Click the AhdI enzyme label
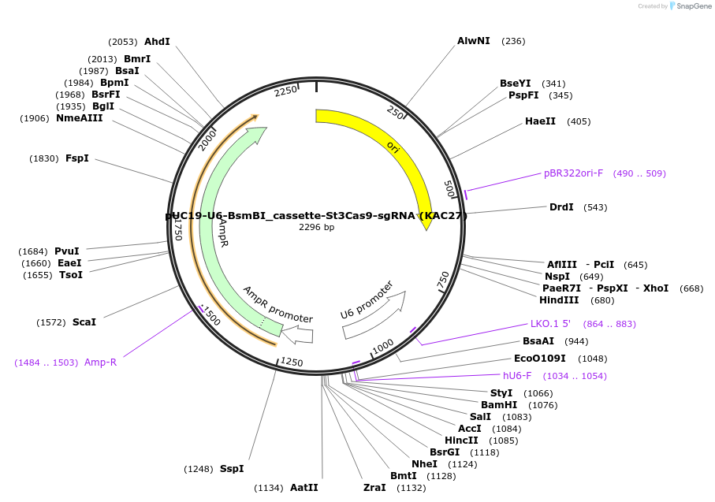click(157, 42)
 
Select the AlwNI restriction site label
click(473, 41)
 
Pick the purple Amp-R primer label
click(100, 363)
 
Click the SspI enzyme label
click(232, 469)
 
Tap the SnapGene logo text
click(691, 6)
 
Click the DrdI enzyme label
click(561, 207)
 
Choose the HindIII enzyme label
click(559, 300)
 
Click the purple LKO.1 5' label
click(550, 324)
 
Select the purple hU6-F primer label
click(517, 376)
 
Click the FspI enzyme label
click(77, 158)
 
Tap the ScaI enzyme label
click(84, 322)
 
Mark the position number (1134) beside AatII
click(268, 488)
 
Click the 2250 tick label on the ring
click(286, 91)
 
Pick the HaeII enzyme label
click(540, 121)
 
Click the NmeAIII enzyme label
click(79, 118)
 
